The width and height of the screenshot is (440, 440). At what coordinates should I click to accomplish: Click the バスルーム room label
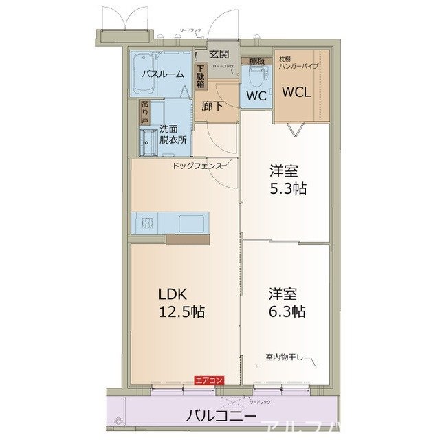pos(162,74)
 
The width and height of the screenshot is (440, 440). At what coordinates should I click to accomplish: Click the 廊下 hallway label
pos(212,107)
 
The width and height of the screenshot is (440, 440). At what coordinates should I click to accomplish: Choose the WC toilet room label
pos(256,96)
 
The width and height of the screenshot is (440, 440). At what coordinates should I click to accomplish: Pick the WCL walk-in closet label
pos(298,91)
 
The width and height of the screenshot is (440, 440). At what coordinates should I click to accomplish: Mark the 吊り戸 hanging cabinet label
pos(144,111)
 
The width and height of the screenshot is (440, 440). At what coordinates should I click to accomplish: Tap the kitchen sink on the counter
pos(188,222)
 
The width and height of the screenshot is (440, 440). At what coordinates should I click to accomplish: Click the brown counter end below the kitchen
pos(188,240)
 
